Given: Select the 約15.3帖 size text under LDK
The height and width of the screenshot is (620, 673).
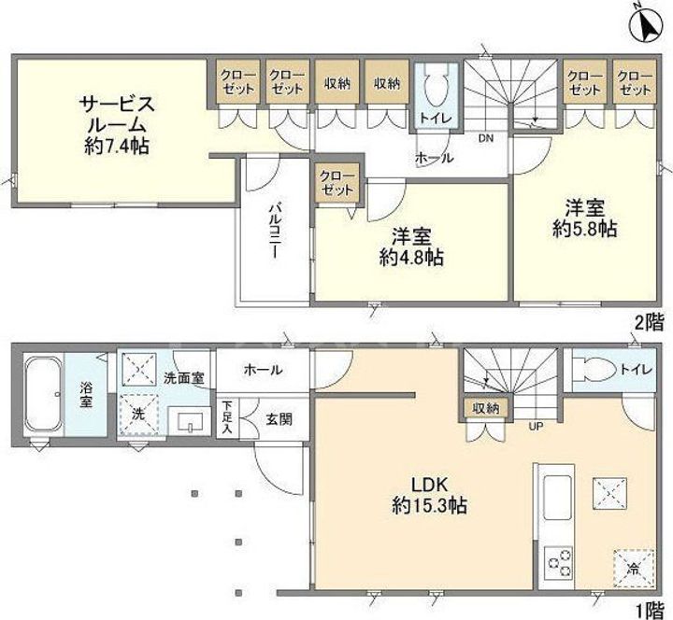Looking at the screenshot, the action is (x=430, y=506).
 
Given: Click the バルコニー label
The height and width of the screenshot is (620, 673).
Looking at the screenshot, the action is (x=274, y=231).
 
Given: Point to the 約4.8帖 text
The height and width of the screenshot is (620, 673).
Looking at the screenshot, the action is (x=411, y=258).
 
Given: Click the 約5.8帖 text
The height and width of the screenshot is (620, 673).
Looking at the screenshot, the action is (x=584, y=230).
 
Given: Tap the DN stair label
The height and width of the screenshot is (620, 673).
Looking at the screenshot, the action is (x=486, y=138).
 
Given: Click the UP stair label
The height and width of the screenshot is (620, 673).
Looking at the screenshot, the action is (x=536, y=426).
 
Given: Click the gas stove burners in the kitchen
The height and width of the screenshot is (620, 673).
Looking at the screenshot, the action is (x=556, y=562).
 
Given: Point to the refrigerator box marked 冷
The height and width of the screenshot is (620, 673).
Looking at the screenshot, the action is (x=634, y=569).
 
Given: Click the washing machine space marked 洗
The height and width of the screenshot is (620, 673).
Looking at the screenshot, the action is (x=138, y=415).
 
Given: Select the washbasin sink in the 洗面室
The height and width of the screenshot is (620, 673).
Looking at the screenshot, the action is (x=189, y=420).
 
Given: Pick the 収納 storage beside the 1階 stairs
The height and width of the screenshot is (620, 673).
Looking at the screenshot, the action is (x=485, y=409).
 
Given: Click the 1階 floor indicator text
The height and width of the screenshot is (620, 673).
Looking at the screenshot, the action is (x=650, y=609).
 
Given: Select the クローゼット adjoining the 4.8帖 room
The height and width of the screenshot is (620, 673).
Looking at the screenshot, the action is (x=337, y=183).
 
